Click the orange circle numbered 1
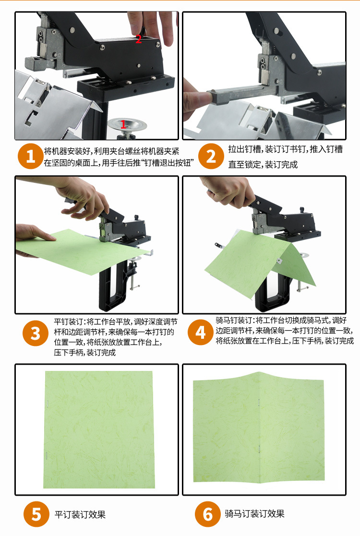click(x=31, y=156)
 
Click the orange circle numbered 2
click(x=211, y=156)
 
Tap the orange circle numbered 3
click(x=36, y=333)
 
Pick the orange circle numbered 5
click(x=36, y=514)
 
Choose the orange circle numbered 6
click(x=207, y=514)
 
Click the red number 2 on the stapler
click(x=138, y=39)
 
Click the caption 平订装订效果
click(x=80, y=514)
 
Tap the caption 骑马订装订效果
click(x=254, y=514)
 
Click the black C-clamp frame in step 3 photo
click(x=108, y=288)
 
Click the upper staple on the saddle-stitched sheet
click(x=259, y=401)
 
